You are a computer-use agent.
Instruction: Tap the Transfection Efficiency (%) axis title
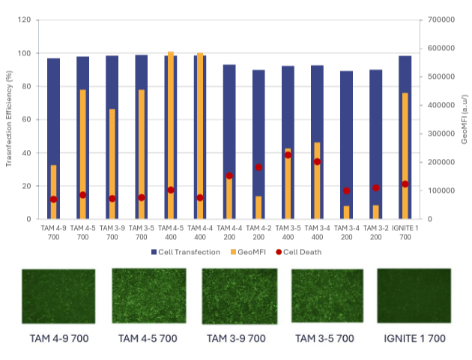[10, 120]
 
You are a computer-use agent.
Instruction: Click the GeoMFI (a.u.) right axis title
[465, 120]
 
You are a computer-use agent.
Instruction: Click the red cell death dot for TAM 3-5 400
[288, 154]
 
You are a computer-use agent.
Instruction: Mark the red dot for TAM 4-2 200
[258, 167]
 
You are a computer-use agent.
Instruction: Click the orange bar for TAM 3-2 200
[375, 211]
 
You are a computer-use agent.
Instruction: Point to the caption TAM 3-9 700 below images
[236, 338]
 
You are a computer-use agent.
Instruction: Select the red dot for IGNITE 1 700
[405, 184]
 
